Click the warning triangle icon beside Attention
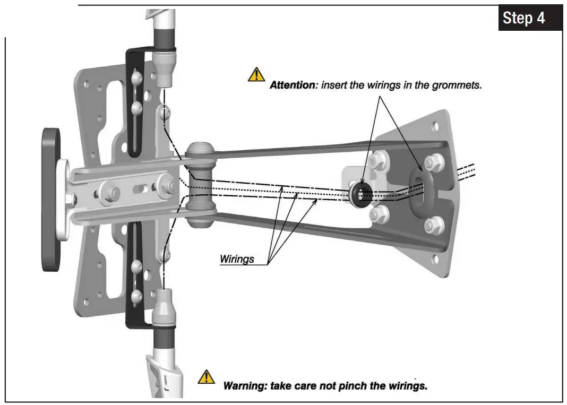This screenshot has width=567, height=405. [256, 75]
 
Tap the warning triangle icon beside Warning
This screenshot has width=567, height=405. [206, 376]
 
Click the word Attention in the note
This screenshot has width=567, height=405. [292, 85]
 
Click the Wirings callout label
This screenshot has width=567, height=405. [237, 260]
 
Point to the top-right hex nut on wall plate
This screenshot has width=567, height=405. [434, 162]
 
